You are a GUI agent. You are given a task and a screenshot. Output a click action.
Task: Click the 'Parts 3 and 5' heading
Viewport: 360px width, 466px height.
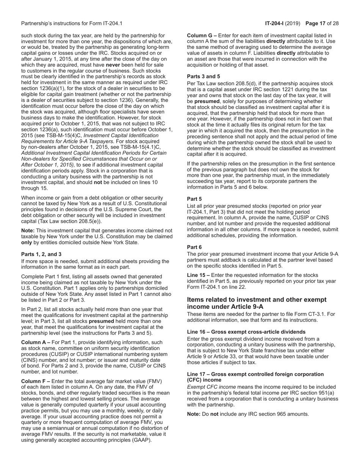pyautogui.click(x=203, y=76)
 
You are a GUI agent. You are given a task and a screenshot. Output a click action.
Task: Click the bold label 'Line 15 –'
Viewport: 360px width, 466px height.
pyautogui.click(x=199, y=275)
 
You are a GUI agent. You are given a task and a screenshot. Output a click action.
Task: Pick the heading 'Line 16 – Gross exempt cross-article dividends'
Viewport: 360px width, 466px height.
pyautogui.click(x=246, y=332)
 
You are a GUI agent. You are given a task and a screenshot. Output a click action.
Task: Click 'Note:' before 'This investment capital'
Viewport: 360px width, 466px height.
pyautogui.click(x=28, y=230)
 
